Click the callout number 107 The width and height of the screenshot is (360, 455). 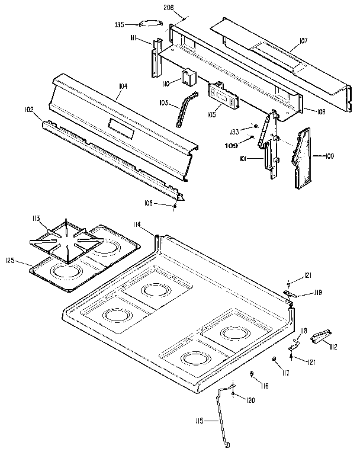[x=303, y=41]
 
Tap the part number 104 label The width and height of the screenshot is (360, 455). [x=123, y=86]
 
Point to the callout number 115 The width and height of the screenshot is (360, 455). [x=199, y=421]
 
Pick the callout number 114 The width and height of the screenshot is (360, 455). [x=137, y=224]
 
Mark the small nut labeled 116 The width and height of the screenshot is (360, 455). [x=253, y=374]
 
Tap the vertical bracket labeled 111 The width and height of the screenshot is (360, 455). [x=157, y=57]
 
